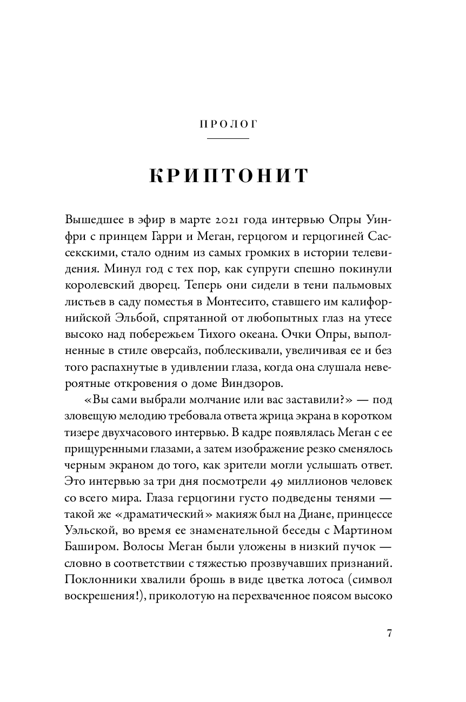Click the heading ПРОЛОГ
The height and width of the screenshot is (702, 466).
coord(228,124)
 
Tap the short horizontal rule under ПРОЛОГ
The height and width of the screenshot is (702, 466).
coord(228,139)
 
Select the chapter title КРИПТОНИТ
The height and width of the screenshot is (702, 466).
coord(228,177)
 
